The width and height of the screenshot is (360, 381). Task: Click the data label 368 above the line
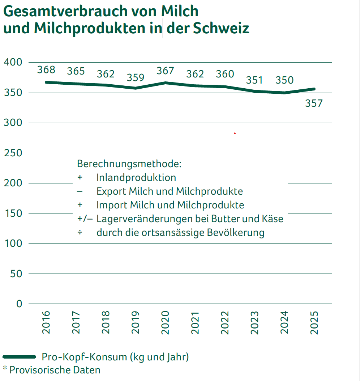[x=46, y=69]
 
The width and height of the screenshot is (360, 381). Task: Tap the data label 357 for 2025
[x=313, y=103]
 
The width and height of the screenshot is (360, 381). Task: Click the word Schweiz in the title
[x=221, y=29]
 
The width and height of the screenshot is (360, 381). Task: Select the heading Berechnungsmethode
[x=129, y=164]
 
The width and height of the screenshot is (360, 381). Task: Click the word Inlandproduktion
[x=136, y=178]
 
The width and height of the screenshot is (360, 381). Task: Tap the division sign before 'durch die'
[x=80, y=232]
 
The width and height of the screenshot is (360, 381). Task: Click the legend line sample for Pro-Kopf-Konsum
[x=20, y=357]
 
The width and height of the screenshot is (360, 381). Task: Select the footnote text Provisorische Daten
[x=55, y=370]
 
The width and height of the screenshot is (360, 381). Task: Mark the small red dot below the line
[x=235, y=134]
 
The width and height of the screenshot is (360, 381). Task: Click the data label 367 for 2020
[x=165, y=71]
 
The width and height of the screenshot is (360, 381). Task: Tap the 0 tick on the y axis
[x=19, y=304]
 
